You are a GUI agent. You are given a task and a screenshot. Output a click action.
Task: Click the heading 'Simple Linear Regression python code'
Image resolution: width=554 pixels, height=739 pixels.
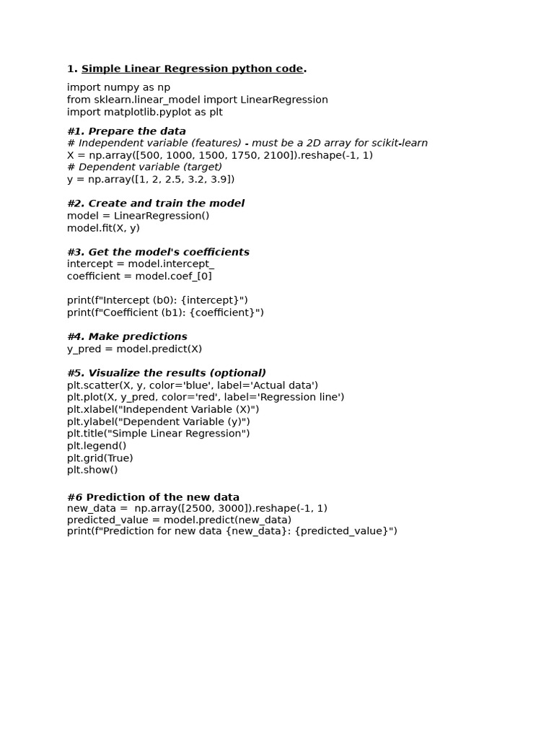click(x=192, y=69)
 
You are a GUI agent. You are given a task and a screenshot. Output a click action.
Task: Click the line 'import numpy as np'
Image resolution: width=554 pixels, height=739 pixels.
click(x=118, y=87)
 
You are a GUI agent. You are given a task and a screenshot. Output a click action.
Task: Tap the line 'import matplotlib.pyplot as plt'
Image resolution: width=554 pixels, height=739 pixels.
click(x=144, y=112)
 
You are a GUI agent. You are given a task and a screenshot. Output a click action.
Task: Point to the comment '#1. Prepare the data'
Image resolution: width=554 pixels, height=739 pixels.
click(x=126, y=131)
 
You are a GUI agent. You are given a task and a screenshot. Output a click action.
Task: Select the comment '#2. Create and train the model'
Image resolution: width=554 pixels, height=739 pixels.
click(x=155, y=204)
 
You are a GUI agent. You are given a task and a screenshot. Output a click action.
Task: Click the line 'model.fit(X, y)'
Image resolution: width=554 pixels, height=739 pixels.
click(x=103, y=228)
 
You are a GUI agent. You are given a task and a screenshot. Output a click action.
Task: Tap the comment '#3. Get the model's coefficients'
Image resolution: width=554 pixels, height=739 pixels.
click(x=158, y=252)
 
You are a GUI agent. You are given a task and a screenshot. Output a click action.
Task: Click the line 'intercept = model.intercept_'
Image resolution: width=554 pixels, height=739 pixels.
click(x=140, y=264)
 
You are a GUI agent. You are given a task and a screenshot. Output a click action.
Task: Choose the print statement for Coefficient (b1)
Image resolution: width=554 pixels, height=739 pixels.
click(x=165, y=312)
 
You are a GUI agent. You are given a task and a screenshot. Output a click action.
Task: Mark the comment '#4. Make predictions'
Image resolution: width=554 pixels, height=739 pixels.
click(x=127, y=336)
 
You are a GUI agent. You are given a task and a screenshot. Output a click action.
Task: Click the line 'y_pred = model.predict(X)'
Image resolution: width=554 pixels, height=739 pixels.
click(x=134, y=349)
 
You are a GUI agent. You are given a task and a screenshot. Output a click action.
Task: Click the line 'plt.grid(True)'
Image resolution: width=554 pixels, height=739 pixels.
click(x=100, y=458)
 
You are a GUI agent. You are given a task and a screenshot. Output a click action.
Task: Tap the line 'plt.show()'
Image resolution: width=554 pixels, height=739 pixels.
click(x=92, y=470)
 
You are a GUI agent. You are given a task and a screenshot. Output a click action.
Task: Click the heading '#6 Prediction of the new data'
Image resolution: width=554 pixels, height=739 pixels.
click(x=153, y=497)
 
